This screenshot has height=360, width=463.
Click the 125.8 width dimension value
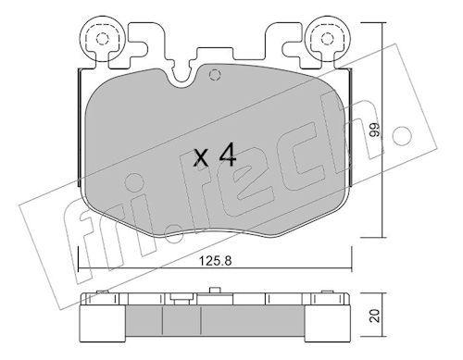coord(215,261)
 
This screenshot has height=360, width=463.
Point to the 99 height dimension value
coord(374,130)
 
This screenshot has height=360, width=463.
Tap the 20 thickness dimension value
coord(375,316)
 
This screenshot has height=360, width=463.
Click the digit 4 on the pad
coord(228,155)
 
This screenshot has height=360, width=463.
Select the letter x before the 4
coord(201,158)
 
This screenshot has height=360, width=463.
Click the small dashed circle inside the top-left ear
coord(102,39)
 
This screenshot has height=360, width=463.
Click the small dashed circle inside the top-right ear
coord(327,39)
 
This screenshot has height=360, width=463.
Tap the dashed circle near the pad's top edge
coord(215,74)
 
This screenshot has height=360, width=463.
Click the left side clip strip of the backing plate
coord(79,128)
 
